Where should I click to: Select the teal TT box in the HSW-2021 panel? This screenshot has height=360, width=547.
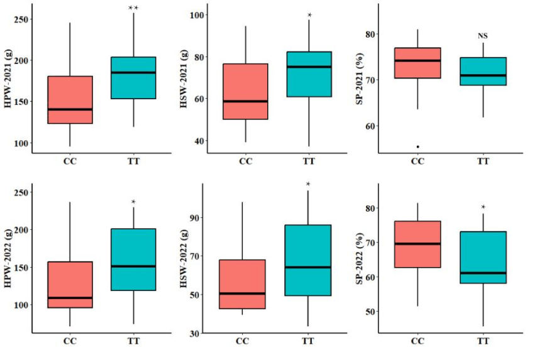point(309,74)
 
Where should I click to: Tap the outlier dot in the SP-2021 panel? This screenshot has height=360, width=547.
point(417,147)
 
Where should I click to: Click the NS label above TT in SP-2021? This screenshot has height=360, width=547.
point(483,36)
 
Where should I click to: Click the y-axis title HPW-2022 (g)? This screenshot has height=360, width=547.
point(8,258)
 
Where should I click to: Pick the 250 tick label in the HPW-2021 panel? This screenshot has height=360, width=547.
point(21,19)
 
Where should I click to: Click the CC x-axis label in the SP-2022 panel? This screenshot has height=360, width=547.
point(417,341)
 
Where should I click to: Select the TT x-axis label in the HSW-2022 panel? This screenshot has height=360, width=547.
point(307,341)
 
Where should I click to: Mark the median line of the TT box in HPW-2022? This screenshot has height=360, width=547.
point(133,266)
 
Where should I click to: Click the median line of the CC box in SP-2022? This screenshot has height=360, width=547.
point(417,244)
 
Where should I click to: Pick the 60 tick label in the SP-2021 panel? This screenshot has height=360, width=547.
point(371,126)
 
